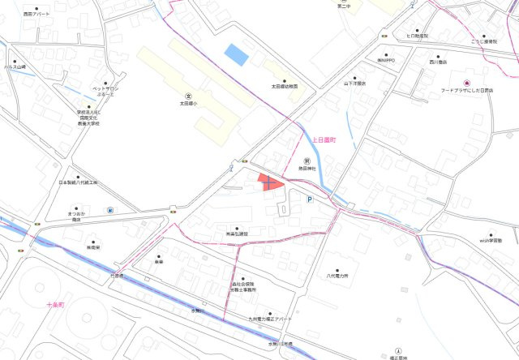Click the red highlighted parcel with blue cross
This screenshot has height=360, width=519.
click(269, 183)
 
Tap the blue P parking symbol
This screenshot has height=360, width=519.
click(309, 200)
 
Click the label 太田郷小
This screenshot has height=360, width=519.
click(188, 104)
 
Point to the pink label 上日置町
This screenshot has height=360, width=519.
click(323, 139)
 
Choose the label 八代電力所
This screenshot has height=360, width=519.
click(337, 276)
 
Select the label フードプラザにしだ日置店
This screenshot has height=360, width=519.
click(467, 91)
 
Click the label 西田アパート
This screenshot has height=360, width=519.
click(36, 15)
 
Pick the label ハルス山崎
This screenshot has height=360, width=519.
click(15, 66)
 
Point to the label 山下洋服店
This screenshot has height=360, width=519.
click(355, 83)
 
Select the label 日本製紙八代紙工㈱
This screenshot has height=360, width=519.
click(78, 183)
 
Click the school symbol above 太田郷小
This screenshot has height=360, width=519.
click(188, 95)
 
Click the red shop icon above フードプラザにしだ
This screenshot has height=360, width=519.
click(467, 82)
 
